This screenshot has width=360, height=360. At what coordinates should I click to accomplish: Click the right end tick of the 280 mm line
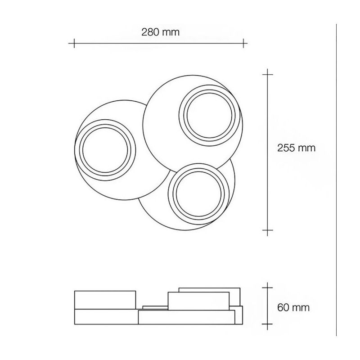click(x=243, y=43)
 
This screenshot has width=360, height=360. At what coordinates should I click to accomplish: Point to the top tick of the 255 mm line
click(x=268, y=72)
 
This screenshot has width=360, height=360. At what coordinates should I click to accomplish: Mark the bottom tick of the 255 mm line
click(x=268, y=232)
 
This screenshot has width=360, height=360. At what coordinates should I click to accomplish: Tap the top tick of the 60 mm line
click(x=268, y=286)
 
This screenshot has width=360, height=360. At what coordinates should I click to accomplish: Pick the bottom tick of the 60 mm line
click(x=268, y=323)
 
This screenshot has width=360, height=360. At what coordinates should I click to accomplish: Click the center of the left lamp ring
click(x=105, y=148)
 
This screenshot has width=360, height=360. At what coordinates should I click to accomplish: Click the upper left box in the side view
click(x=105, y=300)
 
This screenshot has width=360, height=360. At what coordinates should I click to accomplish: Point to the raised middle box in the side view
click(x=198, y=300)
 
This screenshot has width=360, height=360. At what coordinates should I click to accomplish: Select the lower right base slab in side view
click(x=187, y=318)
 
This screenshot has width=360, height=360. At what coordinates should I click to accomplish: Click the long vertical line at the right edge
click(x=337, y=180)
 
